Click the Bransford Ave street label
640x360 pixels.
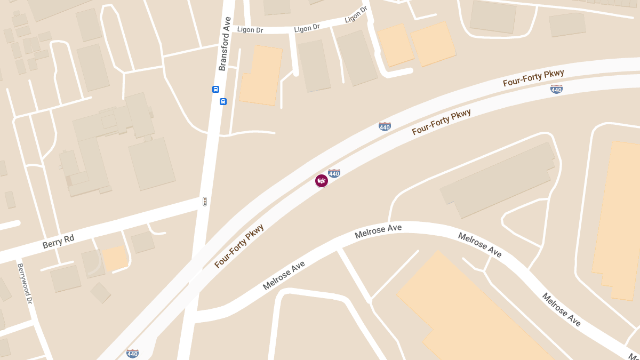point(225,44)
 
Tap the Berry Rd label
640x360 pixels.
point(58,241)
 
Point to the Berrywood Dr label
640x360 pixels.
point(25,283)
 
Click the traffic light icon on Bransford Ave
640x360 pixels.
point(205,202)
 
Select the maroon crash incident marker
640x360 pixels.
point(322,181)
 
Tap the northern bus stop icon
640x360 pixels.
point(215,89)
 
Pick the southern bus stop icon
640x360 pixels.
point(223,101)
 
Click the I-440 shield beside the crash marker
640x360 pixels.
point(334,173)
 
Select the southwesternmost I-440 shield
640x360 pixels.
point(132,354)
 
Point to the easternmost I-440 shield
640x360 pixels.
point(556,89)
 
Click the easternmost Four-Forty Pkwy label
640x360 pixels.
point(533,78)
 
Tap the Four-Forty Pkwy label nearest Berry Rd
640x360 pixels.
point(239,246)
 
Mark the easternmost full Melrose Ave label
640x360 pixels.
point(562,309)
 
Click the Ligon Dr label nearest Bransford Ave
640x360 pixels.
point(250,30)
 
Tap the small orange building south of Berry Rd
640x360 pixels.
point(115,259)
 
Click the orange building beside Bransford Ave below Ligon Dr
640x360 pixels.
point(261,76)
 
